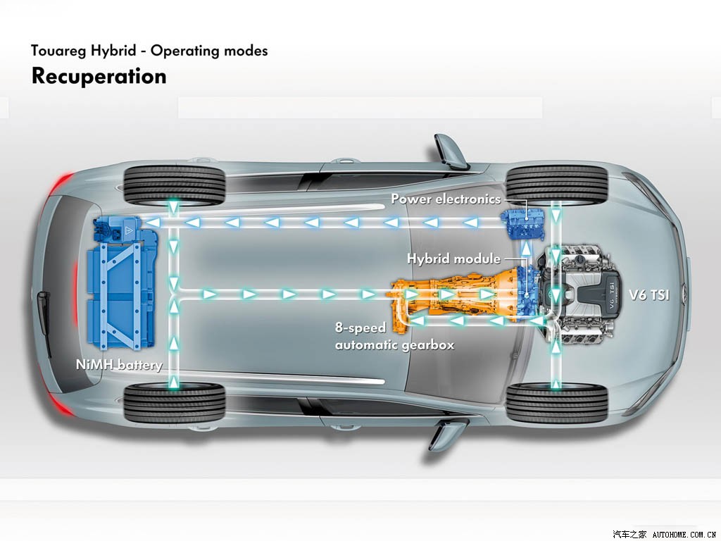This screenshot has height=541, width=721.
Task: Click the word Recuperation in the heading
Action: click(99, 76)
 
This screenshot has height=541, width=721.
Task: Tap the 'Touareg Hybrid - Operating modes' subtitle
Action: click(149, 51)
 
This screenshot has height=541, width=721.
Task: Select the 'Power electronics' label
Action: click(446, 199)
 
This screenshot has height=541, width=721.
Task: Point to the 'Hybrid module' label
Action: click(453, 259)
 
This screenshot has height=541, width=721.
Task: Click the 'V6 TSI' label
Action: click(649, 295)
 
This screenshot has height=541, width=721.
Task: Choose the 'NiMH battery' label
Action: click(119, 365)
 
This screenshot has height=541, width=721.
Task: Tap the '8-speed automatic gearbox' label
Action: click(394, 337)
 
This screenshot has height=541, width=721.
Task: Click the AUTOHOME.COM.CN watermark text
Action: click(684, 534)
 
